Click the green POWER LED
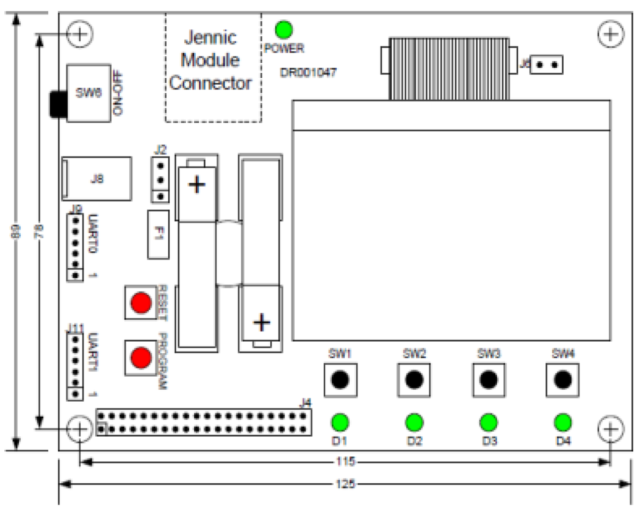pyautogui.click(x=284, y=29)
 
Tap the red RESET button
pyautogui.click(x=140, y=303)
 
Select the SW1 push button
pyautogui.click(x=340, y=379)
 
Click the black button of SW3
pyautogui.click(x=489, y=379)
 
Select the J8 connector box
pyautogui.click(x=97, y=179)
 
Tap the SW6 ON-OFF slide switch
pyautogui.click(x=88, y=93)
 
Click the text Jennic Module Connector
pyautogui.click(x=211, y=60)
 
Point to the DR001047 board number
pyautogui.click(x=308, y=72)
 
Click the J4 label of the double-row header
pyautogui.click(x=306, y=402)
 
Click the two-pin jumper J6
pyautogui.click(x=547, y=64)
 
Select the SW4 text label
pyautogui.click(x=563, y=353)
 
